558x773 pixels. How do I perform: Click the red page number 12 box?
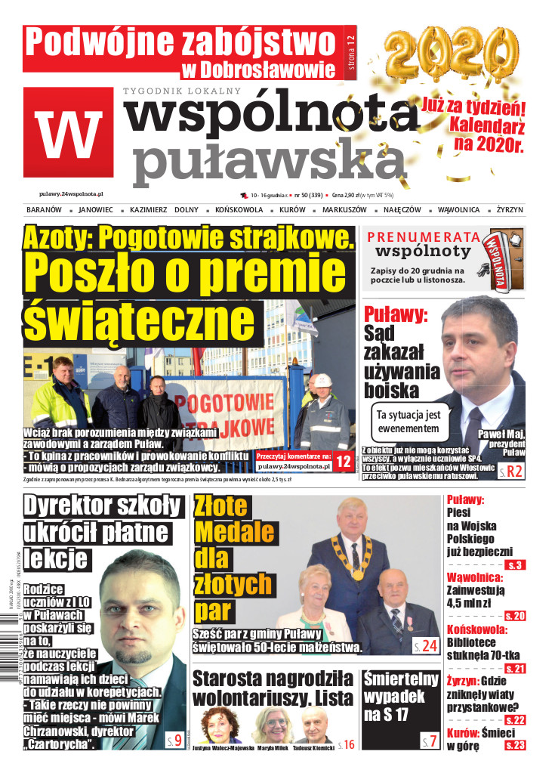point(344,460)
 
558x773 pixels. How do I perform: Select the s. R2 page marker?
point(510,473)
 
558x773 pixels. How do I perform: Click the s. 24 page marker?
point(425,645)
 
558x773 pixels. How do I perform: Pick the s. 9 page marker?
point(173,739)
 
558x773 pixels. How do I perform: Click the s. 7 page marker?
point(429,740)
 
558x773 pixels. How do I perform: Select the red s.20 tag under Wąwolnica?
point(515,616)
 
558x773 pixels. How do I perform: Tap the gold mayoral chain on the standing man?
point(355,558)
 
